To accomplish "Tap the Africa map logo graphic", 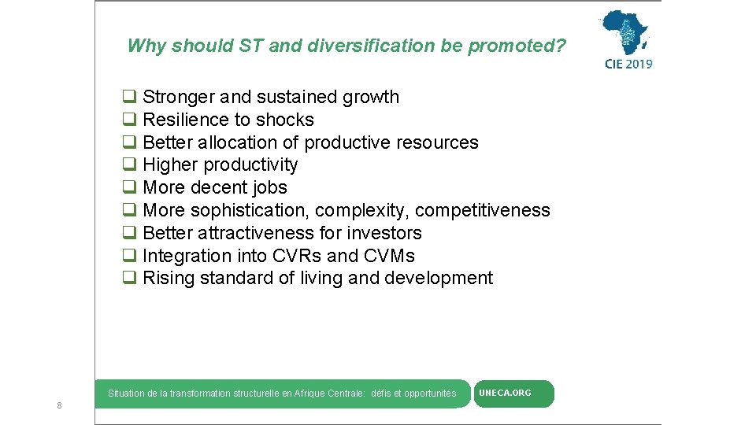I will pos(626,32).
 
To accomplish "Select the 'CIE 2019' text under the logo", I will pos(628,64).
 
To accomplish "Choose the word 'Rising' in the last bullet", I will pos(169,279).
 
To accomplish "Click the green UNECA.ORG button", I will pos(513,394).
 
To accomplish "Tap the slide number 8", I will pos(59,405).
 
